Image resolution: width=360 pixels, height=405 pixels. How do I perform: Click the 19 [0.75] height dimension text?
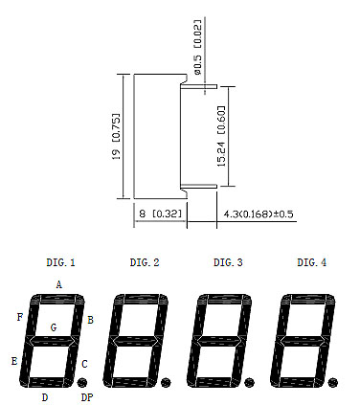pyautogui.click(x=117, y=136)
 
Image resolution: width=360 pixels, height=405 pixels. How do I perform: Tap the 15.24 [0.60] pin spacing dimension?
pyautogui.click(x=221, y=136)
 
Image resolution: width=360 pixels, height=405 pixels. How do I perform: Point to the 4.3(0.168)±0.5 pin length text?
pyautogui.click(x=259, y=214)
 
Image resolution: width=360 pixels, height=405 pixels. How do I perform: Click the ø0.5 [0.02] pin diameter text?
pyautogui.click(x=198, y=47)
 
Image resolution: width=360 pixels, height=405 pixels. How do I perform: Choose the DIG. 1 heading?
pyautogui.click(x=60, y=262)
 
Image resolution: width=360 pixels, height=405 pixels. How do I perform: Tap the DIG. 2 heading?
pyautogui.click(x=145, y=262)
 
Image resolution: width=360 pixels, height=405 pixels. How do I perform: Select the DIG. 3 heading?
pyautogui.click(x=228, y=262)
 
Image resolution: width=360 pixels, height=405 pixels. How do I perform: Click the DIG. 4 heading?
pyautogui.click(x=312, y=262)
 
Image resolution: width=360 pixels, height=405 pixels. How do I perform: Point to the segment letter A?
pyautogui.click(x=58, y=284)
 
